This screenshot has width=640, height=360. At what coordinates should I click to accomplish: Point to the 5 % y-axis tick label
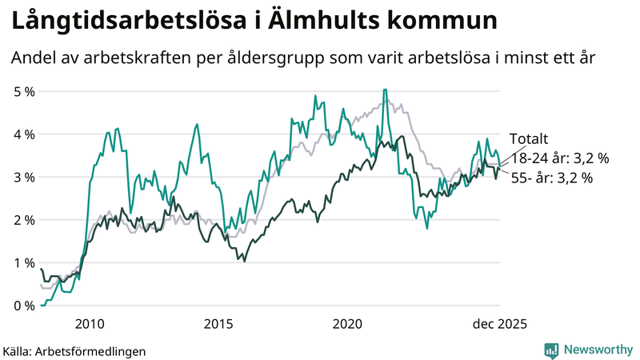pyautogui.click(x=24, y=91)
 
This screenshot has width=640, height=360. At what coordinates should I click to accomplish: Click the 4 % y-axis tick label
pyautogui.click(x=24, y=134)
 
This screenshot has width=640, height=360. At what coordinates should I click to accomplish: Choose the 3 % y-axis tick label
pyautogui.click(x=24, y=177)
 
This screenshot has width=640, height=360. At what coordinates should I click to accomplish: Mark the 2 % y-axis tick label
pyautogui.click(x=24, y=220)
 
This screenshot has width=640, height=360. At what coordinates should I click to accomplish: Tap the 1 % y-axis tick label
pyautogui.click(x=24, y=262)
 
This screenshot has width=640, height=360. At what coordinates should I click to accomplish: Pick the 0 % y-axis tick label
pyautogui.click(x=24, y=306)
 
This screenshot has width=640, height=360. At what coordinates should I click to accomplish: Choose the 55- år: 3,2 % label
pyautogui.click(x=551, y=178)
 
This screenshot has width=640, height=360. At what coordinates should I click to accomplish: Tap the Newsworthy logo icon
pyautogui.click(x=551, y=350)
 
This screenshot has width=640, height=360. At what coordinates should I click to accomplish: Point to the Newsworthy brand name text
pyautogui.click(x=597, y=350)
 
